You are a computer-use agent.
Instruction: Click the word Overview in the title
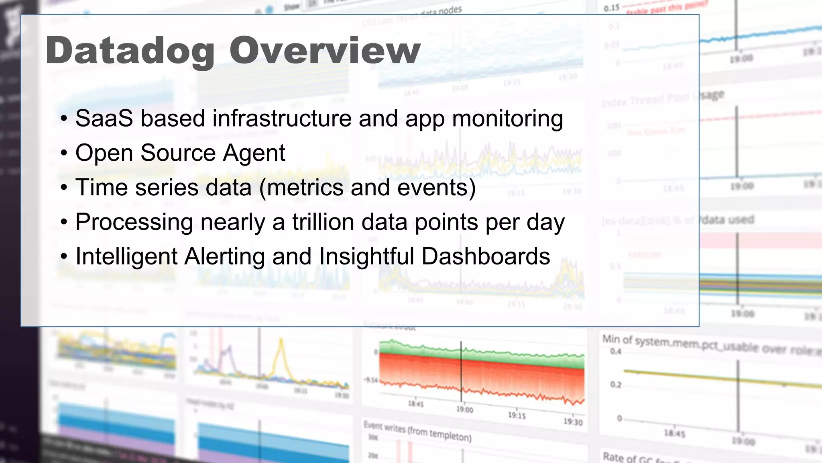pyautogui.click(x=325, y=51)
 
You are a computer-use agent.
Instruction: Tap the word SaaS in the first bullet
pyautogui.click(x=104, y=119)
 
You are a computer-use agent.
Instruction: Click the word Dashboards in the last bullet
pyautogui.click(x=486, y=256)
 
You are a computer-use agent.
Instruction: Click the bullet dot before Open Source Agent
pyautogui.click(x=64, y=154)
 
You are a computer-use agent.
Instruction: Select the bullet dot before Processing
pyautogui.click(x=64, y=223)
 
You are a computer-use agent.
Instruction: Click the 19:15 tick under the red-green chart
pyautogui.click(x=517, y=415)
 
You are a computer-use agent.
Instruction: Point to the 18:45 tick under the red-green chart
pyautogui.click(x=415, y=404)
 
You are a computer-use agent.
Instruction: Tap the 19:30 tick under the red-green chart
pyautogui.click(x=573, y=422)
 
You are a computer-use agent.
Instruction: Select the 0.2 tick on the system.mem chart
pyautogui.click(x=616, y=385)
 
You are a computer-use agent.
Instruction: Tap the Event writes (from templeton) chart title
pyautogui.click(x=417, y=431)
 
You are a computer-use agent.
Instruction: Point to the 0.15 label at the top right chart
pyautogui.click(x=611, y=8)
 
